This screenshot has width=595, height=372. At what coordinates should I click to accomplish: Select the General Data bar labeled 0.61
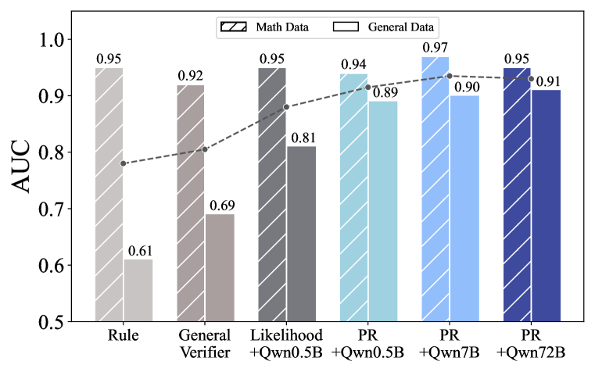pyautogui.click(x=138, y=290)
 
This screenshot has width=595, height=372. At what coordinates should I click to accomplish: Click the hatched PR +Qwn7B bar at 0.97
pyautogui.click(x=435, y=188)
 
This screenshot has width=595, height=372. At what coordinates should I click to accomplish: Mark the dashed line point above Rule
pyautogui.click(x=123, y=163)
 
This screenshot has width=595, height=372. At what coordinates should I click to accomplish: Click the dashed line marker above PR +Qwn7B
pyautogui.click(x=450, y=76)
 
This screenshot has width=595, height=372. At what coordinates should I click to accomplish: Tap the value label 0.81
pyautogui.click(x=302, y=138)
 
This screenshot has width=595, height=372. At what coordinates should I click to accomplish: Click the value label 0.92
pyautogui.click(x=190, y=77)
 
